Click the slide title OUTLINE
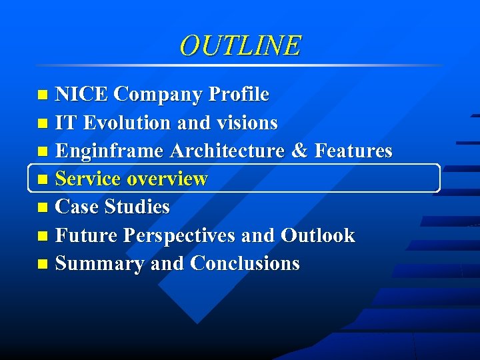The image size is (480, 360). click(x=240, y=45)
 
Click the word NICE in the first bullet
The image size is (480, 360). click(x=82, y=95)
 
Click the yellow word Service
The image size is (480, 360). click(x=88, y=179)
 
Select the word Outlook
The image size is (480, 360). click(x=318, y=235)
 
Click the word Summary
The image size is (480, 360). click(x=100, y=264)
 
